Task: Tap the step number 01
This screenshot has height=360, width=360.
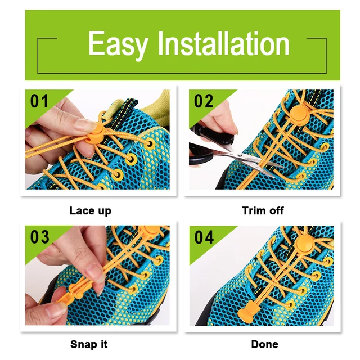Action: click(39, 101)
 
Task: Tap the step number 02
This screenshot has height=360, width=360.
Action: click(204, 101)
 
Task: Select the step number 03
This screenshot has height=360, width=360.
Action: click(40, 237)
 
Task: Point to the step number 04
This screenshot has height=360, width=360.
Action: click(204, 237)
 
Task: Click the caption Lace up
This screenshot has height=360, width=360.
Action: click(90, 211)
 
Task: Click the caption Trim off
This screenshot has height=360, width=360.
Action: click(263, 211)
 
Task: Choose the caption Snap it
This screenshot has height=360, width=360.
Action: click(89, 344)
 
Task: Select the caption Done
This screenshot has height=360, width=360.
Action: click(264, 344)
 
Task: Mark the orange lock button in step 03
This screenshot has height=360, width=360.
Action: click(155, 231)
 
